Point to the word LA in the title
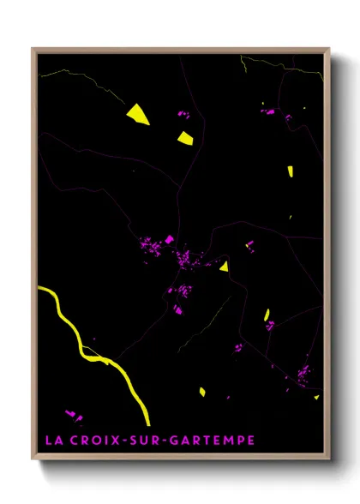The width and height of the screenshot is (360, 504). coord(52,441)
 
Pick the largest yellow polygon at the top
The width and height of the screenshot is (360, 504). coord(137,114)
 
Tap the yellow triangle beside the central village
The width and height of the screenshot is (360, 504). coord(224,267)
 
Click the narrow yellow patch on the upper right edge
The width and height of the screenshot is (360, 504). coord(291,169)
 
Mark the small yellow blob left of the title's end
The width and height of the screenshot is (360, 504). coord(202,392)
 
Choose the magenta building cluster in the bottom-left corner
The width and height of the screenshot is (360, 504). coord(74,417)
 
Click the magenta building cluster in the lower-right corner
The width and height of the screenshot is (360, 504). coord(303,375)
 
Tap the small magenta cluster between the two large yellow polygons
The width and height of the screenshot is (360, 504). coord(182,114)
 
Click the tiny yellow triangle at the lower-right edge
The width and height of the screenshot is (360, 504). coord(315,397)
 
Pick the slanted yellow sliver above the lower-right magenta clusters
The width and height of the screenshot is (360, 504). coord(267,314)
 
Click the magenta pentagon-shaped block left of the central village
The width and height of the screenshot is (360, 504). coord(170,240)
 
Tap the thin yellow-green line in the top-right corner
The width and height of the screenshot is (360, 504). coord(274,65)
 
